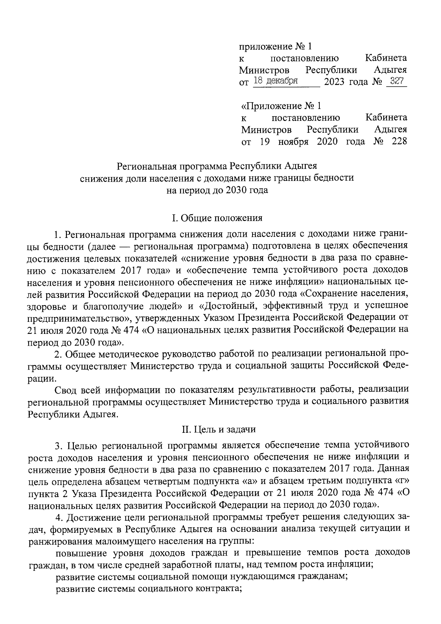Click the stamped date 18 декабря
click(276, 81)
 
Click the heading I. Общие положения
click(217, 218)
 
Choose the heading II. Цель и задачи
click(217, 429)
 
